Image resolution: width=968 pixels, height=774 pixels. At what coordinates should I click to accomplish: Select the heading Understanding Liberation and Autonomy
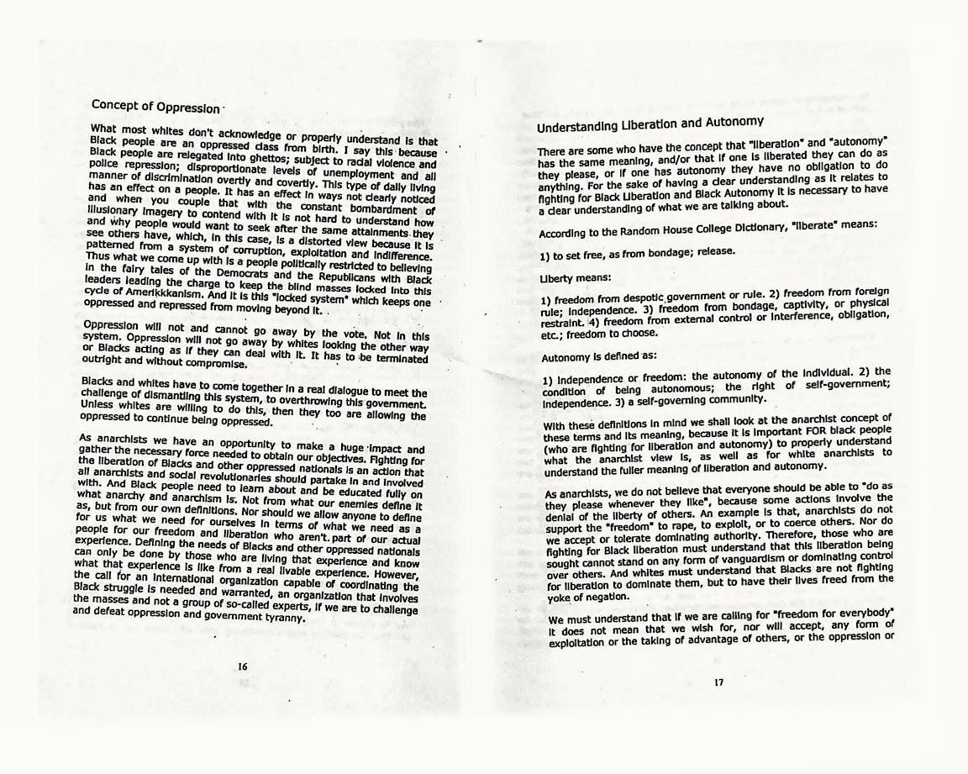click(650, 124)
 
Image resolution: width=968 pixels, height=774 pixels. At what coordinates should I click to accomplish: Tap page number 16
click(242, 666)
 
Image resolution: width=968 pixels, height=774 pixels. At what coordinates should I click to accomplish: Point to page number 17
click(718, 682)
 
